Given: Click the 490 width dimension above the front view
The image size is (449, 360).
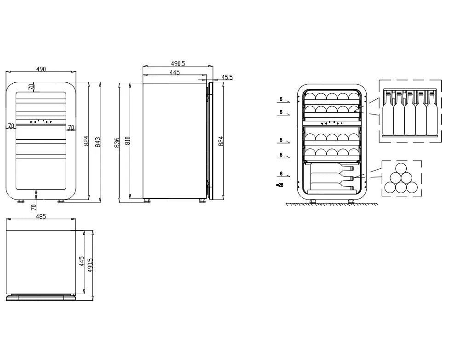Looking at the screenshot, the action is pyautogui.click(x=41, y=69).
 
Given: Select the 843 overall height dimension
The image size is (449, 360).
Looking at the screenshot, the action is pyautogui.click(x=98, y=142).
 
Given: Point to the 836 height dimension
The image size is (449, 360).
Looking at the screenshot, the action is pyautogui.click(x=117, y=143).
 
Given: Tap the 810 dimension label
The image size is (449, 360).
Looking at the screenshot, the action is pyautogui.click(x=128, y=141).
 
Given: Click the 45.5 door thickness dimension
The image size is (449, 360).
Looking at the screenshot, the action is pyautogui.click(x=227, y=77).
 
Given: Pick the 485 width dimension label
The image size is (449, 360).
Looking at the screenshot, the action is pyautogui.click(x=41, y=217).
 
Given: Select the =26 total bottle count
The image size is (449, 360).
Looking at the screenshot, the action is pyautogui.click(x=280, y=185).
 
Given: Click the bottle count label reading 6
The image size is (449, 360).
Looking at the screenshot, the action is pyautogui.click(x=281, y=174).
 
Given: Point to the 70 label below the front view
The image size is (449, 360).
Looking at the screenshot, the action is pyautogui.click(x=34, y=206).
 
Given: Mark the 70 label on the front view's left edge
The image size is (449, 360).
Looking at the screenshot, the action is pyautogui.click(x=11, y=126).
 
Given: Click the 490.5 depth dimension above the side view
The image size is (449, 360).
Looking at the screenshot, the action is pyautogui.click(x=178, y=63).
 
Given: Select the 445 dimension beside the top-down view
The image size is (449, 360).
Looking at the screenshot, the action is pyautogui.click(x=81, y=262).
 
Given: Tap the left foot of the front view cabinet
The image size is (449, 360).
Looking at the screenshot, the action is pyautogui.click(x=21, y=201).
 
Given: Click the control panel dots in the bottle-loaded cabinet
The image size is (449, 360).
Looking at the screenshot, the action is pyautogui.click(x=332, y=123).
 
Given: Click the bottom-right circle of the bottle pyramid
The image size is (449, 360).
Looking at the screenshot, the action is pyautogui.click(x=412, y=188).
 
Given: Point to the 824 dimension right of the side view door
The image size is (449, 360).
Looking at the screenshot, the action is pyautogui.click(x=221, y=141).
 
